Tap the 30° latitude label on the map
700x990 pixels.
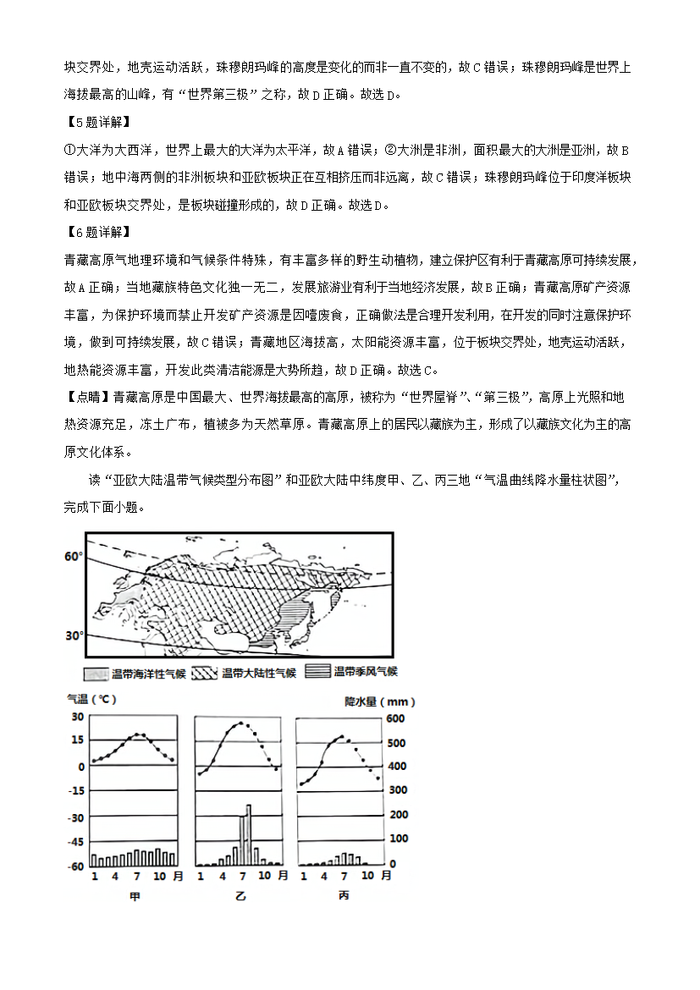(74, 635)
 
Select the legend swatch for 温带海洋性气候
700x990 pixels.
(95, 674)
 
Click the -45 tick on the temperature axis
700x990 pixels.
(74, 842)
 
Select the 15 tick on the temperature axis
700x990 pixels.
(76, 740)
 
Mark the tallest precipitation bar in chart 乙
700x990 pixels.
(249, 834)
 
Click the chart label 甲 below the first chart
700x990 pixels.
(134, 895)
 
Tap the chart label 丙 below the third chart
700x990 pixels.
(344, 895)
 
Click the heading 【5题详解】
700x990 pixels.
(96, 121)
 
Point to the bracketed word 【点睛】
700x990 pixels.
(86, 396)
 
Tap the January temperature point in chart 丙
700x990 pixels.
(302, 785)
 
